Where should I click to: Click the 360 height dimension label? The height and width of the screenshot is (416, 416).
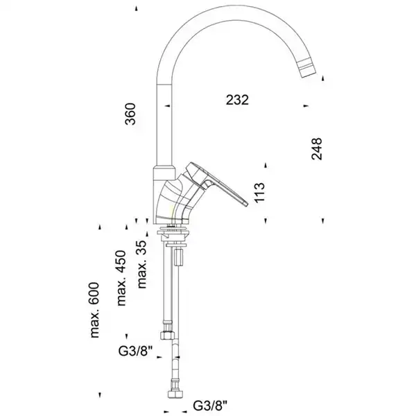coord(130,113)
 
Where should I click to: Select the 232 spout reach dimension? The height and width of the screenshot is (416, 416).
coord(237,100)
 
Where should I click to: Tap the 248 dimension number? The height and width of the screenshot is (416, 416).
coord(317,149)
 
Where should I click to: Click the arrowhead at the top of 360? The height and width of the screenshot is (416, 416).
coord(137,8)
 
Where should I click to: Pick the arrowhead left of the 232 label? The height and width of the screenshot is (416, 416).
coord(167,106)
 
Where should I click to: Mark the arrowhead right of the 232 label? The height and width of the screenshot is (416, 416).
coord(305,106)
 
